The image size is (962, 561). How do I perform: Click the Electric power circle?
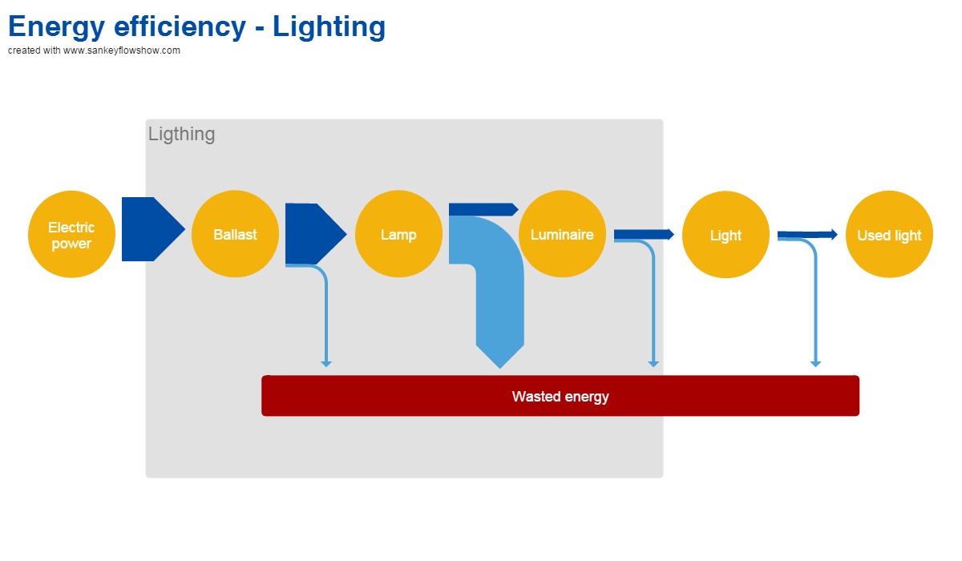[x=71, y=234]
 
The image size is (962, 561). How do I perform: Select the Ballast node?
[x=235, y=234]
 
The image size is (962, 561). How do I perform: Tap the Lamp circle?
[x=398, y=234]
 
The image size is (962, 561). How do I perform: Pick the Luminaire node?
[x=562, y=234]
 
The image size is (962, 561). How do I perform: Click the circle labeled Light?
[x=726, y=234]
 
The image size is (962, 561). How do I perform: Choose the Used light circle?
[x=889, y=234]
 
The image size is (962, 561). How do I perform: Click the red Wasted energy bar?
[x=560, y=396]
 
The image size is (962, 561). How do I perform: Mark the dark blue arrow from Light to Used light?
[x=806, y=234]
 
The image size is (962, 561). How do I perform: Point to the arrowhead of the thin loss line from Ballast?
[x=326, y=364]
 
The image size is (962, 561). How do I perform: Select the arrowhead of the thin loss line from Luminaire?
[x=653, y=364]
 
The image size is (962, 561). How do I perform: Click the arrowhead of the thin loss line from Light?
[x=815, y=364]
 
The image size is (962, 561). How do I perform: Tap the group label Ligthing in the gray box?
[x=181, y=134]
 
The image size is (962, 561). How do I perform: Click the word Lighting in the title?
[x=329, y=26]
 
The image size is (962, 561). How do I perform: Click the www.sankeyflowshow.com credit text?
[x=122, y=50]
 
